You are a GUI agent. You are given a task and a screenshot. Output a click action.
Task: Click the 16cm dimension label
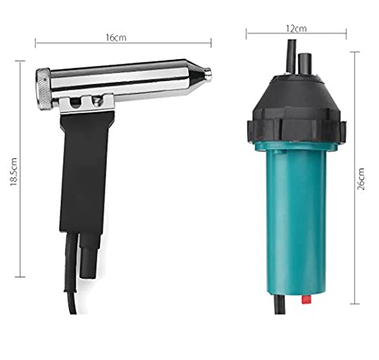pos(116,38)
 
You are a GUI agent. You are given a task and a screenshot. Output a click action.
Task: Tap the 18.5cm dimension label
pos(14,172)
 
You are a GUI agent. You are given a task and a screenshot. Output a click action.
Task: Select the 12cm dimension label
pos(296,29)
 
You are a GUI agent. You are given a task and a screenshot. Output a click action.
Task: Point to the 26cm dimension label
pos(361,179)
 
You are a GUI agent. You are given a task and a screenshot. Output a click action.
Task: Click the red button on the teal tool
pos(306,299)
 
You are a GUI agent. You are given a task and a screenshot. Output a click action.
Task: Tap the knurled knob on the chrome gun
pos(44,89)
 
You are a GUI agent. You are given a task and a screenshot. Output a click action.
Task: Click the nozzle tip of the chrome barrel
pos(208,74)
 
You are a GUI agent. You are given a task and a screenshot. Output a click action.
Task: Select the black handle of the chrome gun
pos(86,172)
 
